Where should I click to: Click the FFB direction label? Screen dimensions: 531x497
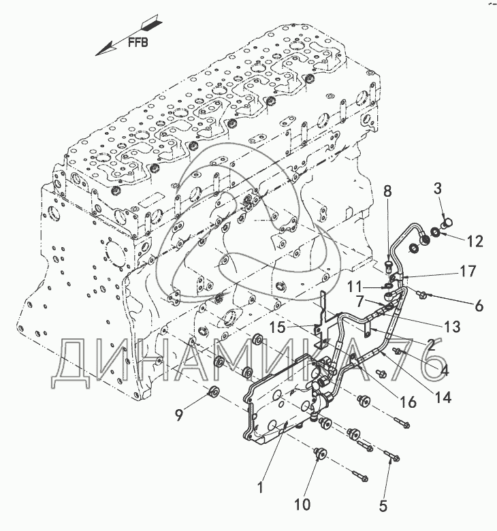click(140, 40)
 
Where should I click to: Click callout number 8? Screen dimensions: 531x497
click(387, 193)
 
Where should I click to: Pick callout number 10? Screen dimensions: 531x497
click(302, 504)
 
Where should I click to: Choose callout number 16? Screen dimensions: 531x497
click(406, 402)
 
